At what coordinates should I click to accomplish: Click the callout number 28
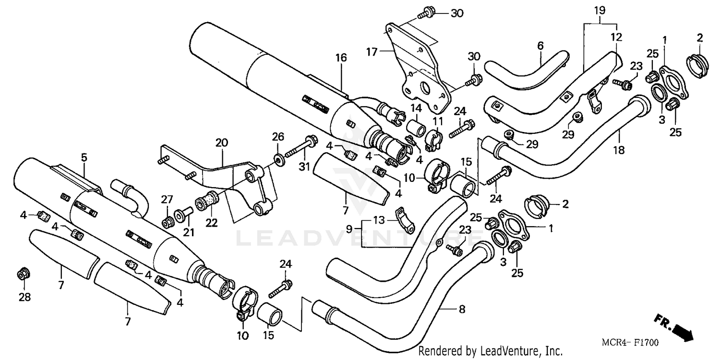[x=24, y=297]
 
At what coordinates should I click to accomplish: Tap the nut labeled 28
[x=22, y=275]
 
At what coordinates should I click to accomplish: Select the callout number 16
[x=340, y=58]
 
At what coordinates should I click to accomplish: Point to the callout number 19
[x=600, y=10]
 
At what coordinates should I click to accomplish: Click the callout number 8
[x=462, y=310]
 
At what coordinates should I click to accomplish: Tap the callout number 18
[x=619, y=150]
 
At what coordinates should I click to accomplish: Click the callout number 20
[x=221, y=143]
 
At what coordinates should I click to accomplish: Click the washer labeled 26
[x=278, y=158]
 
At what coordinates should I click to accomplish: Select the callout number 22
[x=212, y=223]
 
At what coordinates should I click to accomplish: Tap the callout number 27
[x=166, y=199]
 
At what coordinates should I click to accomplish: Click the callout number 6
[x=540, y=46]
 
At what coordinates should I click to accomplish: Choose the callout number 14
[x=415, y=108]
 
